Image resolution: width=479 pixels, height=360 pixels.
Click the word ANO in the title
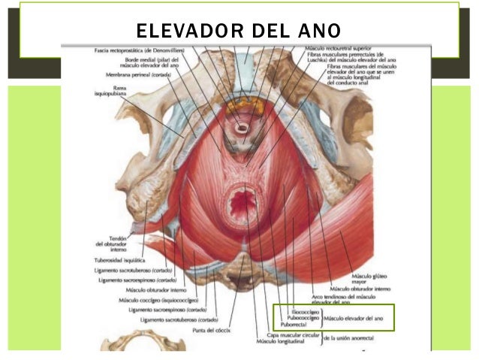click(x=318, y=31)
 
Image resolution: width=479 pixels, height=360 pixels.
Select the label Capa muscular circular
click(x=288, y=336)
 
